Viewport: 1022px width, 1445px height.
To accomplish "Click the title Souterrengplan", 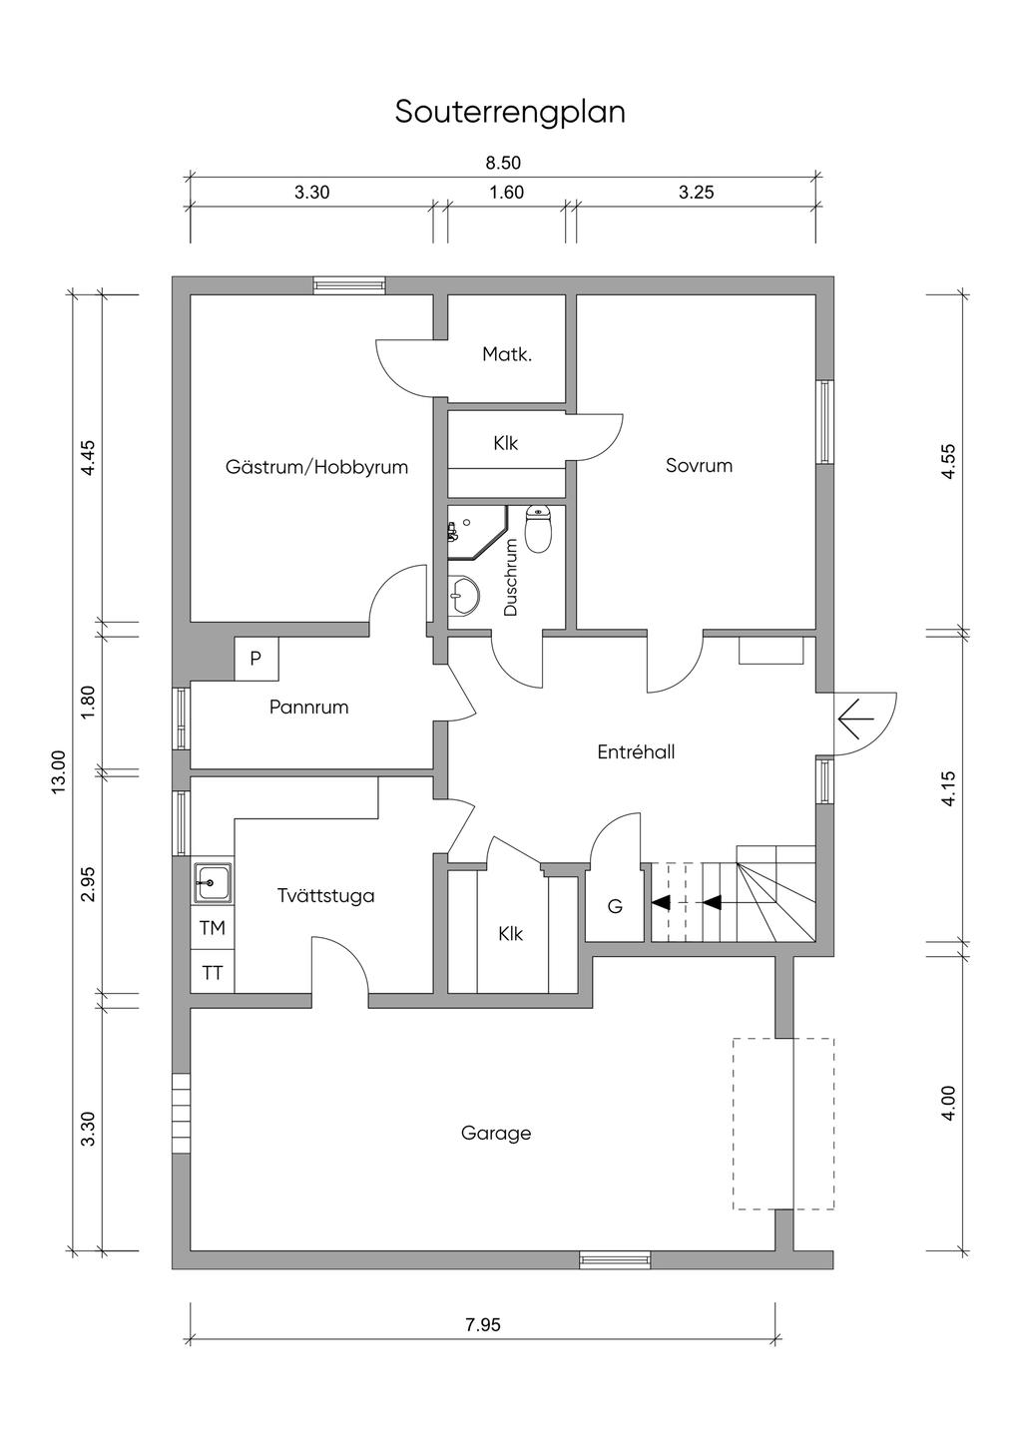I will (x=510, y=112).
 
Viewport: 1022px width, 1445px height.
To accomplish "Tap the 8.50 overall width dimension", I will (x=504, y=163).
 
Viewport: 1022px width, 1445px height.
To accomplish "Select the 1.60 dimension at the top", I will (x=507, y=193).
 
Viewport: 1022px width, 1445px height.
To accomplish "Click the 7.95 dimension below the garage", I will (x=483, y=1325).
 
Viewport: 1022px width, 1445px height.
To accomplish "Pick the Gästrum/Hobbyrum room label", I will (x=316, y=466).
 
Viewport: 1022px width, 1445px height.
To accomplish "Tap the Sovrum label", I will (x=699, y=465).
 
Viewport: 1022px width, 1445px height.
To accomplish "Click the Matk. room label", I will (x=507, y=353).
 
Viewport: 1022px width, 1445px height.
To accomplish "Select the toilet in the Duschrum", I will (x=539, y=530).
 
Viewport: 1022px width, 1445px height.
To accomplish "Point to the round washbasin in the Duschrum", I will (x=462, y=597).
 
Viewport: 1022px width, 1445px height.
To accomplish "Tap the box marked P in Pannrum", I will (x=256, y=659).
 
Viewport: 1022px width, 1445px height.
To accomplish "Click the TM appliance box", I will (x=213, y=928).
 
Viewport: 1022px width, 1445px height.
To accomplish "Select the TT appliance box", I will (x=213, y=972).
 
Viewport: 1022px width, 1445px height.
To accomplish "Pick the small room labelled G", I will (x=615, y=907).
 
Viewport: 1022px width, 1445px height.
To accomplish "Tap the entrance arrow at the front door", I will (x=856, y=718).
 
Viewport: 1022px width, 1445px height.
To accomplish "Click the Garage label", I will (x=496, y=1133).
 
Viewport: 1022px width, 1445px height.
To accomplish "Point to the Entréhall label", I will (x=636, y=752).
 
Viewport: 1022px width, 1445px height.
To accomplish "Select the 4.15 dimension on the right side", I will (x=948, y=788).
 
